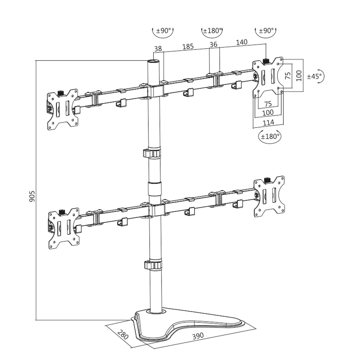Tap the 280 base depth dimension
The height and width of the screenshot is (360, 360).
[x=123, y=334]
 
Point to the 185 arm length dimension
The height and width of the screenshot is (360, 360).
[x=188, y=47]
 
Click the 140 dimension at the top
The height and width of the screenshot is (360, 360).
[x=241, y=42]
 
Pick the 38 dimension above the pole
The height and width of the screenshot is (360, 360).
[x=158, y=49]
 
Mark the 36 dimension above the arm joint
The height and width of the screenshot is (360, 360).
[x=213, y=44]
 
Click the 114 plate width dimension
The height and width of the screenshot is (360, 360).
[x=268, y=122]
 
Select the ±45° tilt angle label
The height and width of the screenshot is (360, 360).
[x=315, y=76]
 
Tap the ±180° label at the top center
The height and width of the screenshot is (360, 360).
[x=212, y=30]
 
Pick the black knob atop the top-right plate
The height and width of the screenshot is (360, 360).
[x=266, y=61]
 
